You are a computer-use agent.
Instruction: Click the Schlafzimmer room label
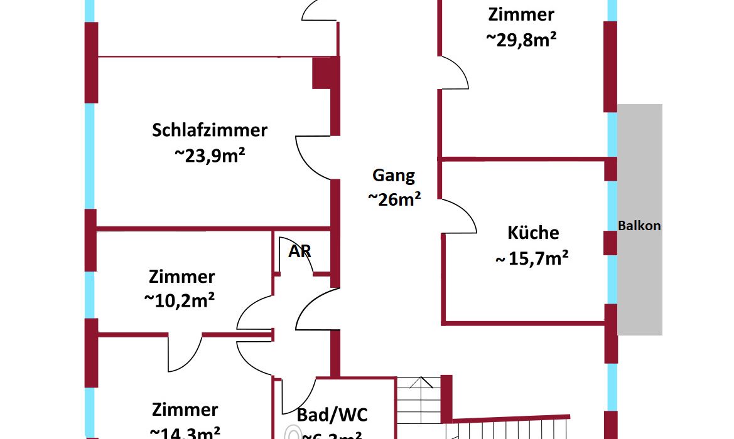point(210,130)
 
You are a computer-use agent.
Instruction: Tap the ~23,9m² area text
point(210,155)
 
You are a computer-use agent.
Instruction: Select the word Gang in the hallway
point(394,176)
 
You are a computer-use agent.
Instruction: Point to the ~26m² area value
point(394,199)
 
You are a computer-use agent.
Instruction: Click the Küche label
point(533,233)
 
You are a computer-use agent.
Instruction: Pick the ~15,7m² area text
point(532,258)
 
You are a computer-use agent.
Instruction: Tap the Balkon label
point(639,226)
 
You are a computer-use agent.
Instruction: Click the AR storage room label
point(300,251)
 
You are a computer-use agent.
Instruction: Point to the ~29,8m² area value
point(521,39)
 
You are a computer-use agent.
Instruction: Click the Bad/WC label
point(332,415)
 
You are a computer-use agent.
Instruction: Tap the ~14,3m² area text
point(185,432)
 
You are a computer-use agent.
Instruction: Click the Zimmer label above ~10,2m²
point(181,277)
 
